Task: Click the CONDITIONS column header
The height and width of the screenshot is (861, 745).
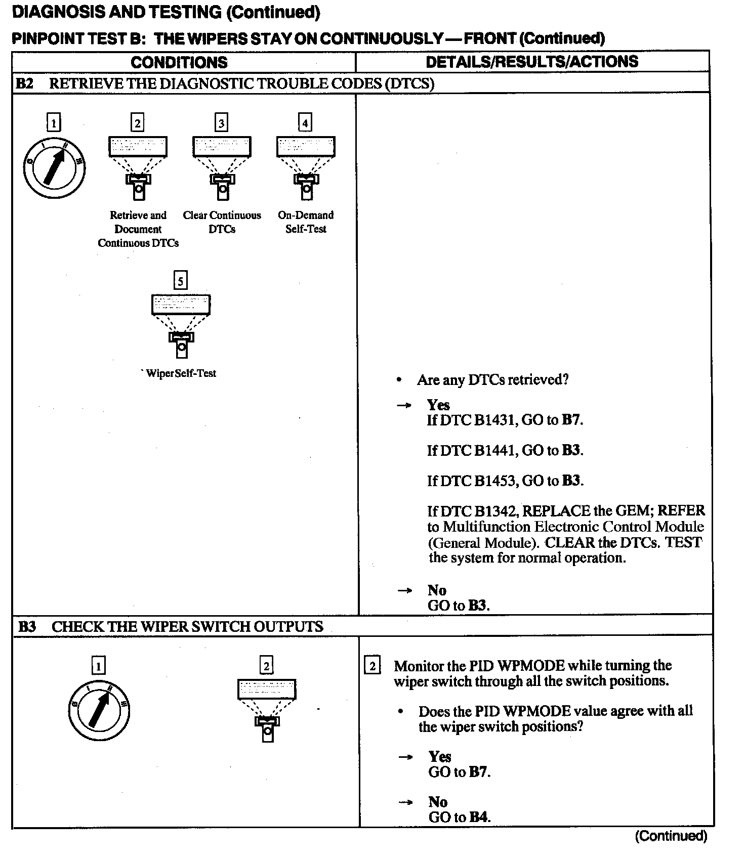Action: pos(179,62)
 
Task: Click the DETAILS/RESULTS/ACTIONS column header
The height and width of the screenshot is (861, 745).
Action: pos(531,62)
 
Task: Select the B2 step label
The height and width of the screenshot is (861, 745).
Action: pos(24,83)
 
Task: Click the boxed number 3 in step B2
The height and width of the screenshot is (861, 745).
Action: pos(221,123)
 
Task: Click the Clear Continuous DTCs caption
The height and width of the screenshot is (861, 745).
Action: pos(222,222)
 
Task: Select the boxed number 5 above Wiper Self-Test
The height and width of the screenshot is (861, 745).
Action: pos(180,280)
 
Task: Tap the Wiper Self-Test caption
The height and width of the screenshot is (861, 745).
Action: pos(181,373)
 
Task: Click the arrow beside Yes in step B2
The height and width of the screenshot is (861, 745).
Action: pos(404,405)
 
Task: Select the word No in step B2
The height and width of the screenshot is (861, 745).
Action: pos(437,590)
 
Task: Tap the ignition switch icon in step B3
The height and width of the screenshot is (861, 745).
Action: pos(99,710)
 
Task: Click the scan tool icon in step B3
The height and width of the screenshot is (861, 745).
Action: pos(267,710)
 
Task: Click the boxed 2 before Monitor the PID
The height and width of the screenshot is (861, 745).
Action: pos(372,666)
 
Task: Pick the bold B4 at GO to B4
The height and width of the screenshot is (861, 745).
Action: pos(479,816)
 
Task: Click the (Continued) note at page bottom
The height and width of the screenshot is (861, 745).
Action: pos(671,836)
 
